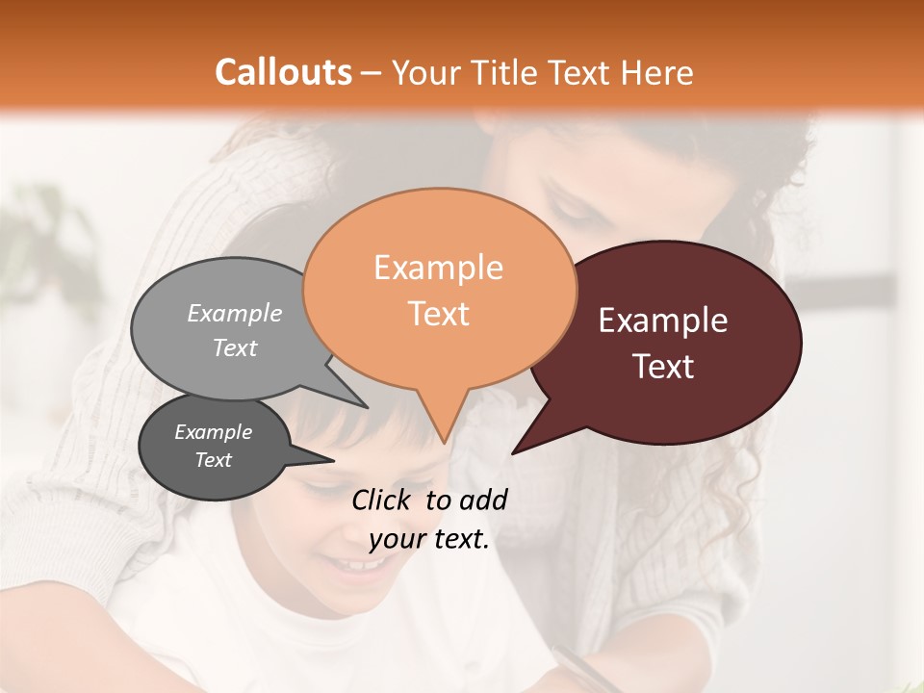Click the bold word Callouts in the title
283,72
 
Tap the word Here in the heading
657,72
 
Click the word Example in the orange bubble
438,268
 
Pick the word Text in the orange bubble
438,314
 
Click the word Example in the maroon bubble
663,321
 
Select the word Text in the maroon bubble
663,367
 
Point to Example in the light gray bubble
235,313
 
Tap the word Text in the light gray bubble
235,347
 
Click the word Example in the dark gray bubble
213,432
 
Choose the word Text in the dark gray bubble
213,460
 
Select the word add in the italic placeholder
483,500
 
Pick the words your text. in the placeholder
428,539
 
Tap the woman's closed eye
568,207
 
